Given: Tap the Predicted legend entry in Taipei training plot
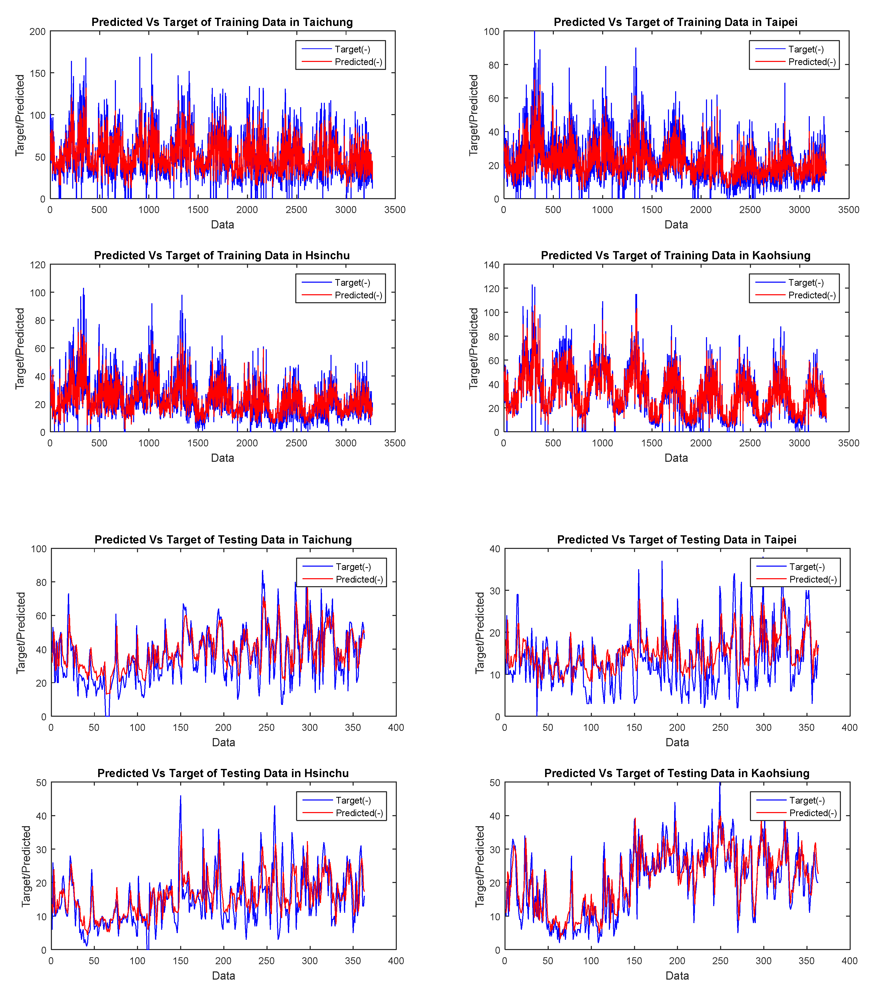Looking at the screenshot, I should pos(811,62).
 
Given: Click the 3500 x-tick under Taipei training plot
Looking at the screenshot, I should pos(849,210).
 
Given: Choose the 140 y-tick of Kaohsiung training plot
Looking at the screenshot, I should pos(491,265).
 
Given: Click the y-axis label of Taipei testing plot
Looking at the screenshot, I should pos(480,633).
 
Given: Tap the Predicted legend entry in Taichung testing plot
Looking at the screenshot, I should pos(359,579).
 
